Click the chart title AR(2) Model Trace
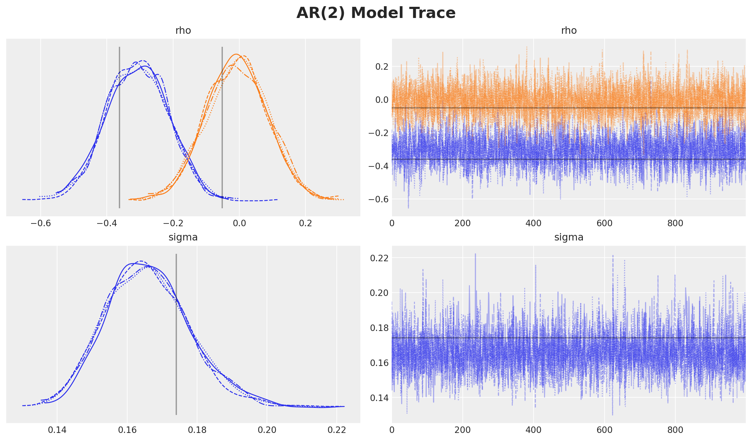click(x=376, y=13)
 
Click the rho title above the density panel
click(x=183, y=31)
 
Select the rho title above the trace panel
click(x=569, y=31)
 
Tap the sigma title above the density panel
click(x=183, y=237)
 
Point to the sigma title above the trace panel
click(x=569, y=237)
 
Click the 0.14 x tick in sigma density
click(x=57, y=430)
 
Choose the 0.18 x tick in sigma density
click(x=197, y=430)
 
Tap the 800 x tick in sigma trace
click(x=675, y=430)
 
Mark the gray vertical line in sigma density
click(x=176, y=335)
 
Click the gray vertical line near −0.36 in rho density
click(x=119, y=127)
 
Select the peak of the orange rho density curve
click(x=236, y=55)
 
